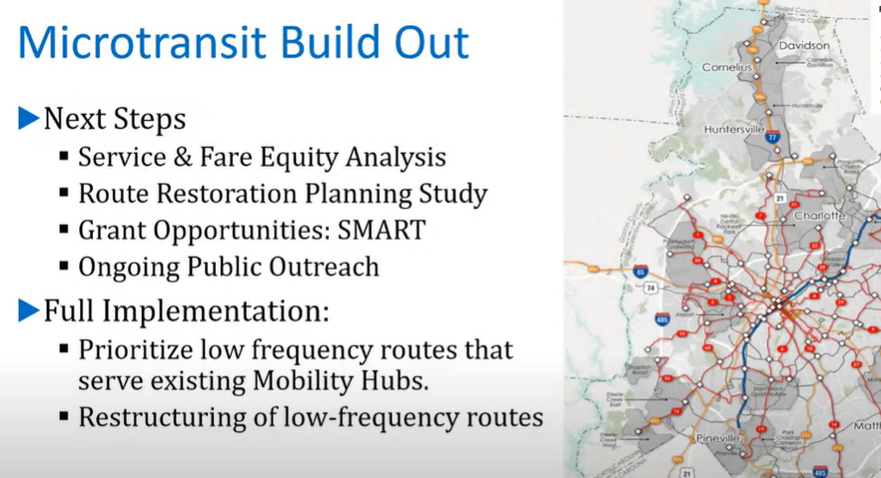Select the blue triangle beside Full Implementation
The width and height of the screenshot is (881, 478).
[29, 311]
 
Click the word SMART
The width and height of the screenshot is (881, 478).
[381, 230]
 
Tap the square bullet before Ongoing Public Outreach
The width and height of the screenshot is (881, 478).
[64, 267]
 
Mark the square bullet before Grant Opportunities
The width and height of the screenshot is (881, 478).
[64, 230]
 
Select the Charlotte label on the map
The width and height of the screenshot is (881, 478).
[820, 215]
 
